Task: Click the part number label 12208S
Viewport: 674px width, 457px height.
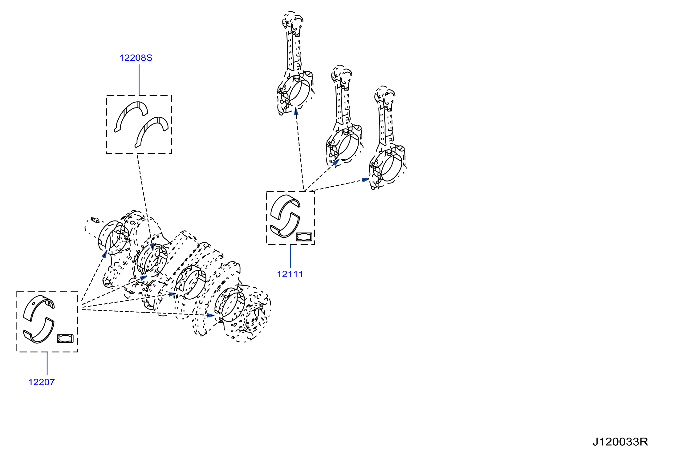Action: tap(136, 58)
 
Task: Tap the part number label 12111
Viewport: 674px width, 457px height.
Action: tap(290, 274)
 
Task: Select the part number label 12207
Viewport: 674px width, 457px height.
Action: tap(42, 382)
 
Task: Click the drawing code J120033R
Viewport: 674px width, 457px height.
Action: tap(620, 442)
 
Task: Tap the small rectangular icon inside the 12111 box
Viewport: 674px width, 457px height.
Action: tap(304, 237)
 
